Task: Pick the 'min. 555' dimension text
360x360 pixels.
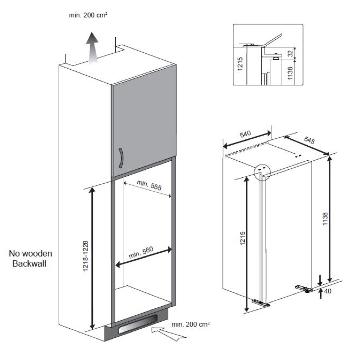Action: [149, 185]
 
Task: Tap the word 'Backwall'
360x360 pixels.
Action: [30, 263]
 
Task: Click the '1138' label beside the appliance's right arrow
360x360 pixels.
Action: [325, 219]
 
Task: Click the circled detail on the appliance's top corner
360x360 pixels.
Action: [262, 172]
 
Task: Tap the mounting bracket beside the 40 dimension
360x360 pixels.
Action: [304, 289]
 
